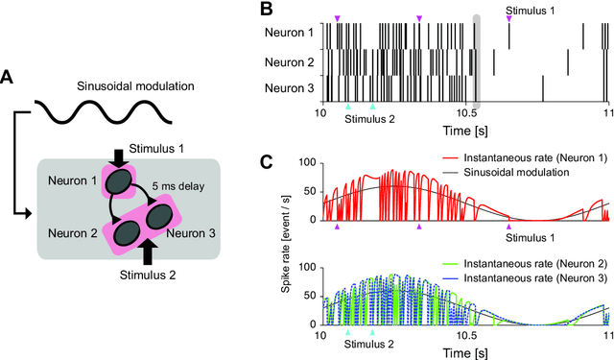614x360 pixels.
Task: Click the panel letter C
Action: coord(268,159)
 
